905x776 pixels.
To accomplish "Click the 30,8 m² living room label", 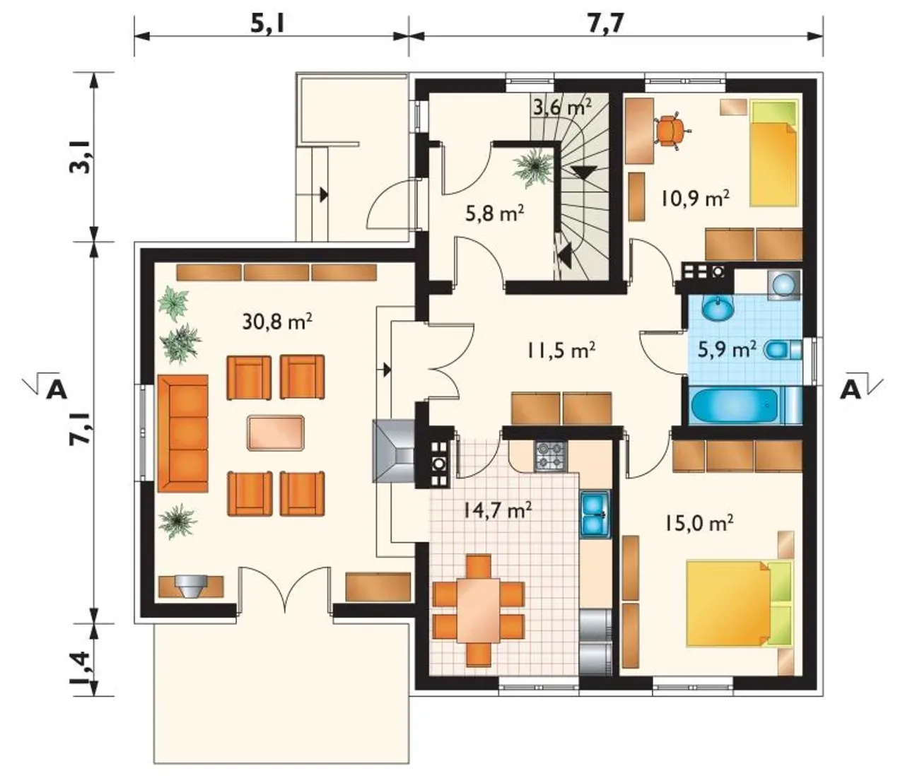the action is (277, 322).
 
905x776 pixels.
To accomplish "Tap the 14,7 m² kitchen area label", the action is (497, 510).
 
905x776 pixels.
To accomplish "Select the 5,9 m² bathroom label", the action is (727, 350).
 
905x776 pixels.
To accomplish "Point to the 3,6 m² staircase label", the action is (563, 107).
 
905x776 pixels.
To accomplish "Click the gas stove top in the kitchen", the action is (550, 457).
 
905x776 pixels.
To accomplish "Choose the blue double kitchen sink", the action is (595, 515).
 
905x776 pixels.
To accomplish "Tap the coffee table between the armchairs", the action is (276, 433).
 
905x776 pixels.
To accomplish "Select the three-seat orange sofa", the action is (183, 433).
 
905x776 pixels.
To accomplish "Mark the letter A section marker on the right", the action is (850, 390).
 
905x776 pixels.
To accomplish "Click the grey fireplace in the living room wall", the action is (393, 451).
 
